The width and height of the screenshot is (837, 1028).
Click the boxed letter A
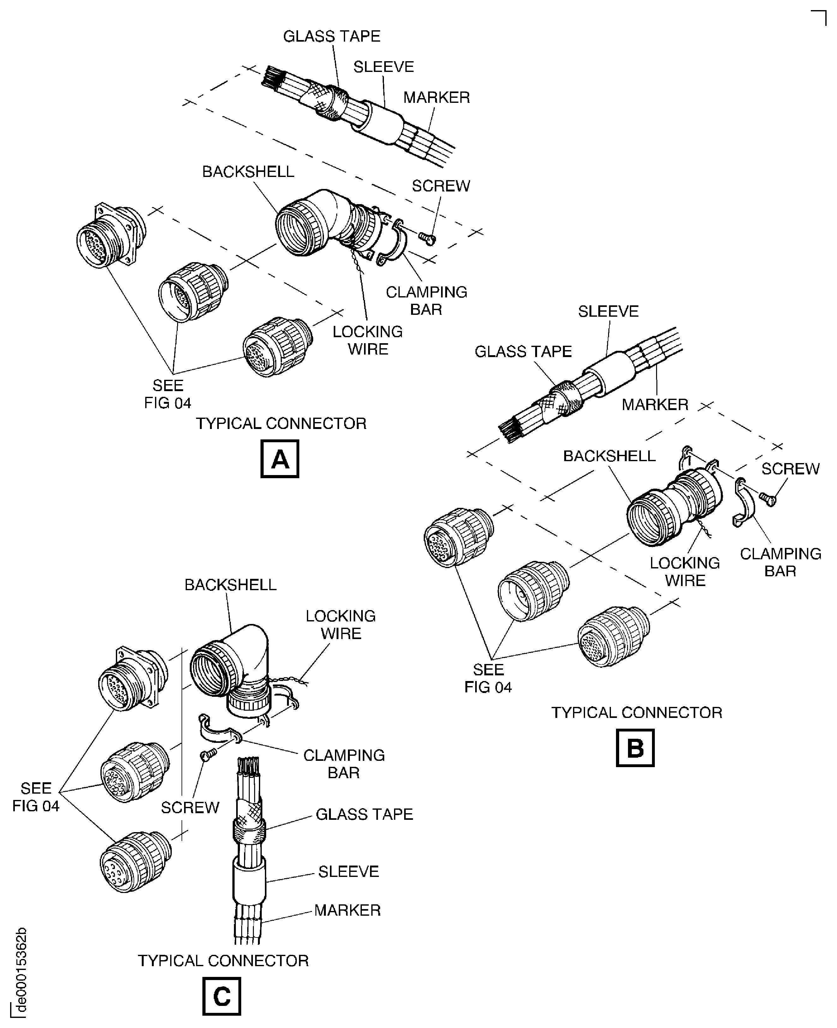coord(280,459)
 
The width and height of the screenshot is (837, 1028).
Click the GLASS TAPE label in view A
coord(332,36)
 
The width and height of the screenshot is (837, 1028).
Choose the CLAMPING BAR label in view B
coord(780,562)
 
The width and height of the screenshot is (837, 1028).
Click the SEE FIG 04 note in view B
coord(488,678)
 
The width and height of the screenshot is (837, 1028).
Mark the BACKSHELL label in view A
coord(248,172)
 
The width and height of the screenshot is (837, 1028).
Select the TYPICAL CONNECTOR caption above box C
coord(223,960)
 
